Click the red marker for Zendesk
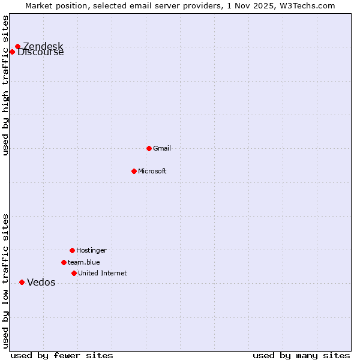click(17, 46)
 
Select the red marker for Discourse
click(12, 52)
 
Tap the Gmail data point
click(149, 148)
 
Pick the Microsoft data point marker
click(134, 171)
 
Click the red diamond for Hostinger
click(72, 250)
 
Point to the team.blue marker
click(64, 262)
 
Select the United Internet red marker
click(74, 273)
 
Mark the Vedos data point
click(22, 282)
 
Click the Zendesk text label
click(43, 46)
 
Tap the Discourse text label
click(40, 52)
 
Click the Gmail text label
click(162, 148)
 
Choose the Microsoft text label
click(152, 171)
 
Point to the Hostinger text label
click(91, 250)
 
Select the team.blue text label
click(83, 262)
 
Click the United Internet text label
click(102, 273)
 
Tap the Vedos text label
click(41, 283)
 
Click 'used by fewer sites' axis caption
click(62, 355)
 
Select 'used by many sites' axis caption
click(301, 355)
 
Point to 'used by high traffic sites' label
click(5, 85)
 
